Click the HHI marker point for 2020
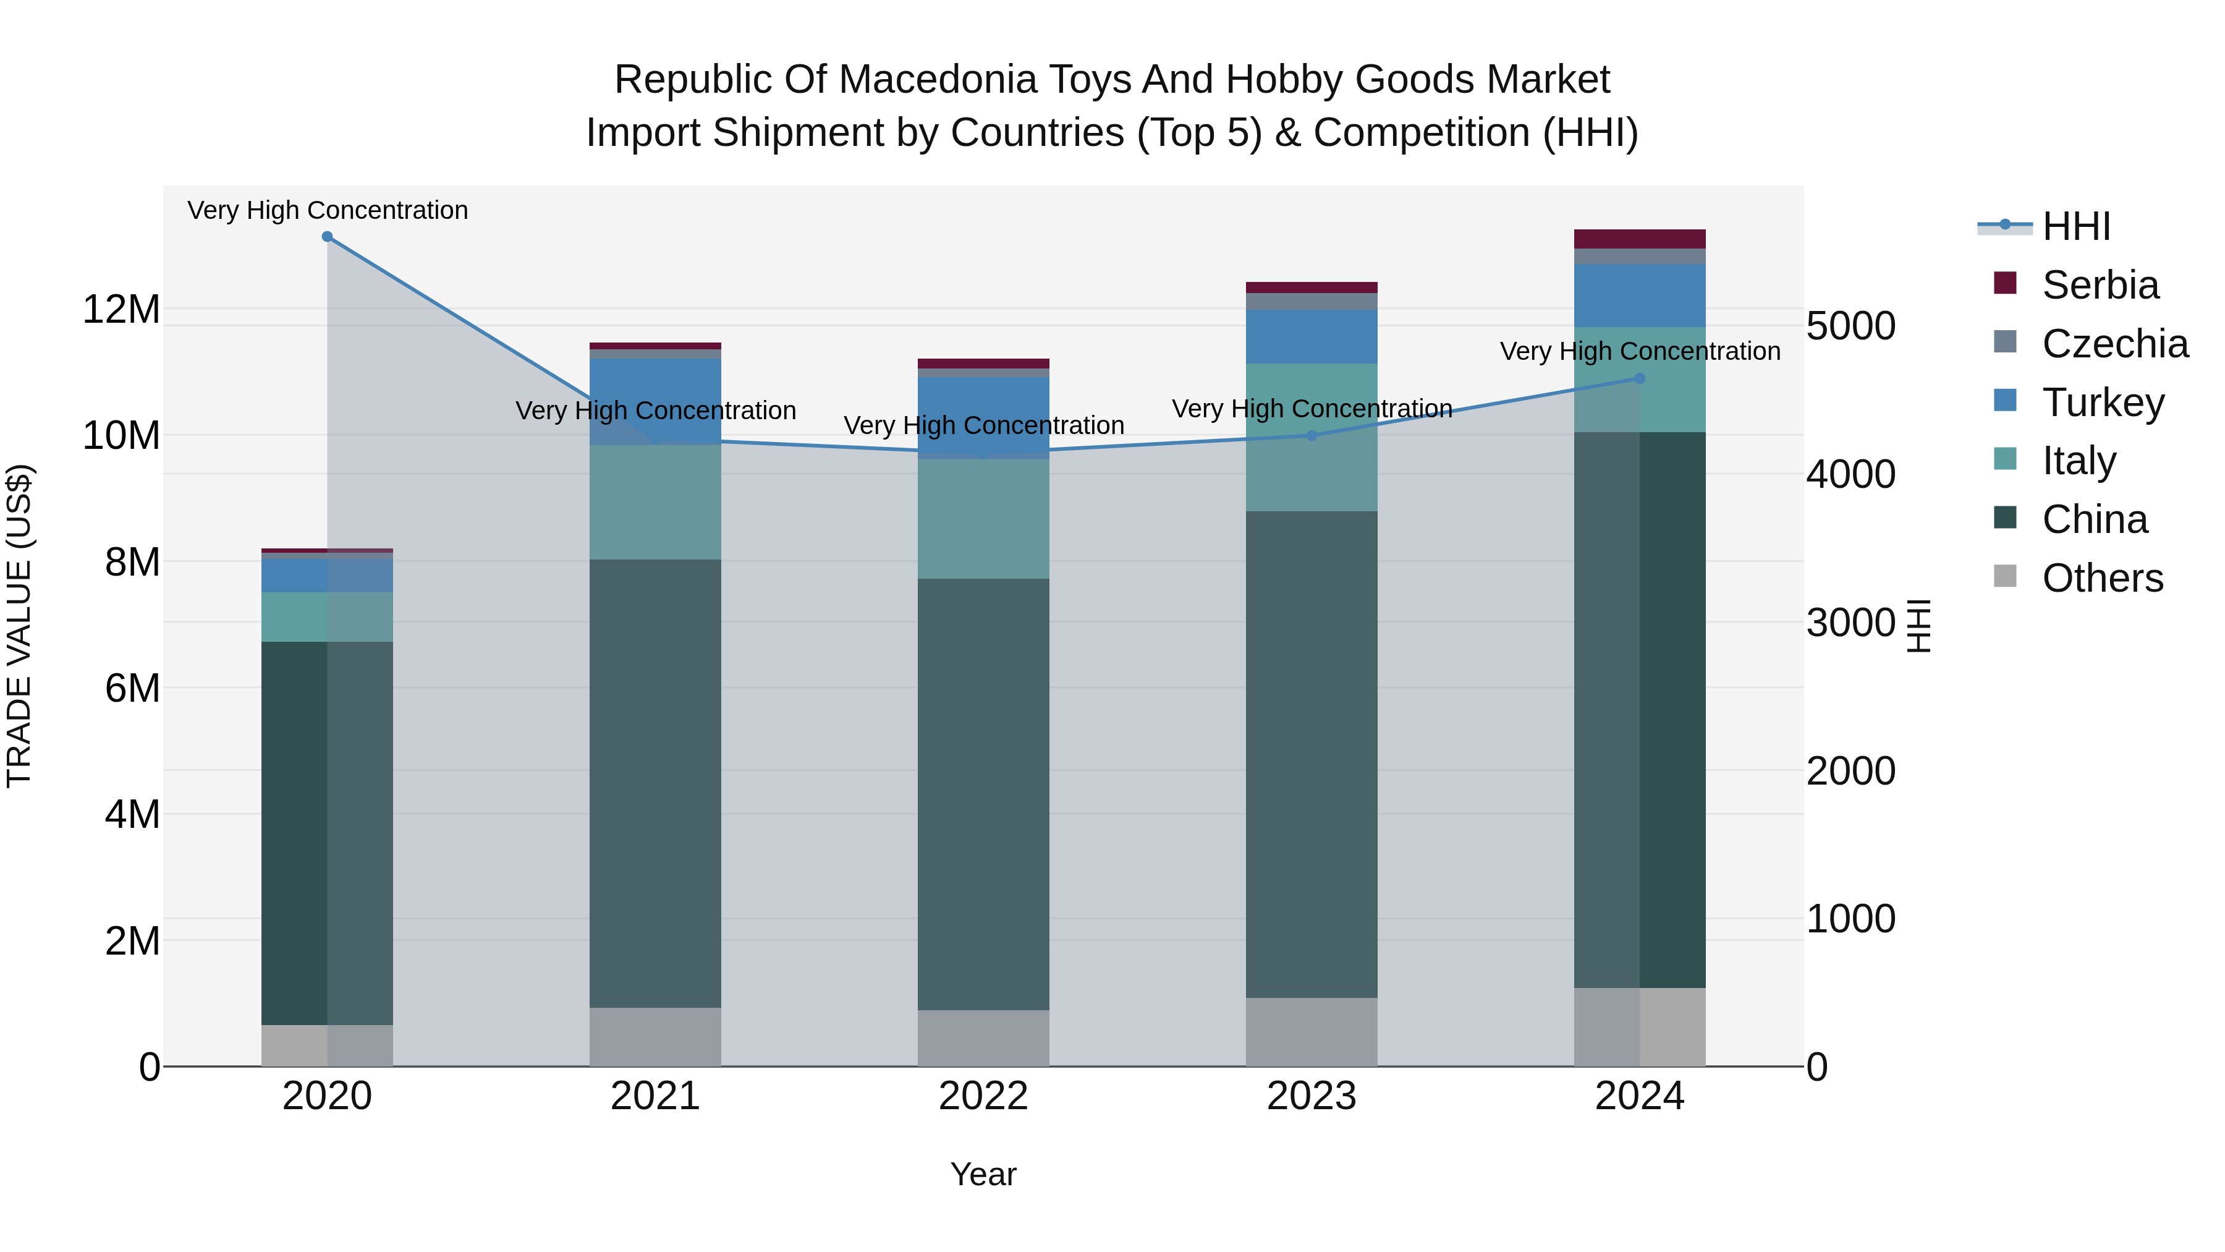328,237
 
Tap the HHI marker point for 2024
1639,378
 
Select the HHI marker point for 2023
1311,435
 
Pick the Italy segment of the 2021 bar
655,502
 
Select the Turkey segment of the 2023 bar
1311,336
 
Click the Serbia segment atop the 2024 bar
1639,239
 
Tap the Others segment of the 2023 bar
1311,1032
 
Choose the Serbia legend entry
2100,285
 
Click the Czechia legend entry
2114,344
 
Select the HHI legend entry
2075,226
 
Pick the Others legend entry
2101,578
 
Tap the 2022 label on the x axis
983,1096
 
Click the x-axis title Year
983,1174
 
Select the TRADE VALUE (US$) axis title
20,626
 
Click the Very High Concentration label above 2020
328,210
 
